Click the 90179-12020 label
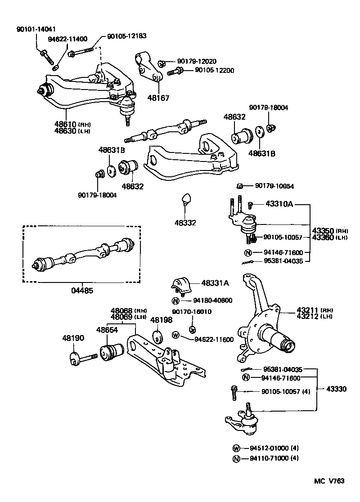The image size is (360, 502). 197,61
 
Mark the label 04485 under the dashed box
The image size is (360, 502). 82,291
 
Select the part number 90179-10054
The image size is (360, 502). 274,186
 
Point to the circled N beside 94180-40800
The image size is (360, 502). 176,300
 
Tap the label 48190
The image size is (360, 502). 73,338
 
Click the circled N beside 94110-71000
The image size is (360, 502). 236,459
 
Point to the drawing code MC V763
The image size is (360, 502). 329,481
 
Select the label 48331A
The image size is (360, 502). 215,283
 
